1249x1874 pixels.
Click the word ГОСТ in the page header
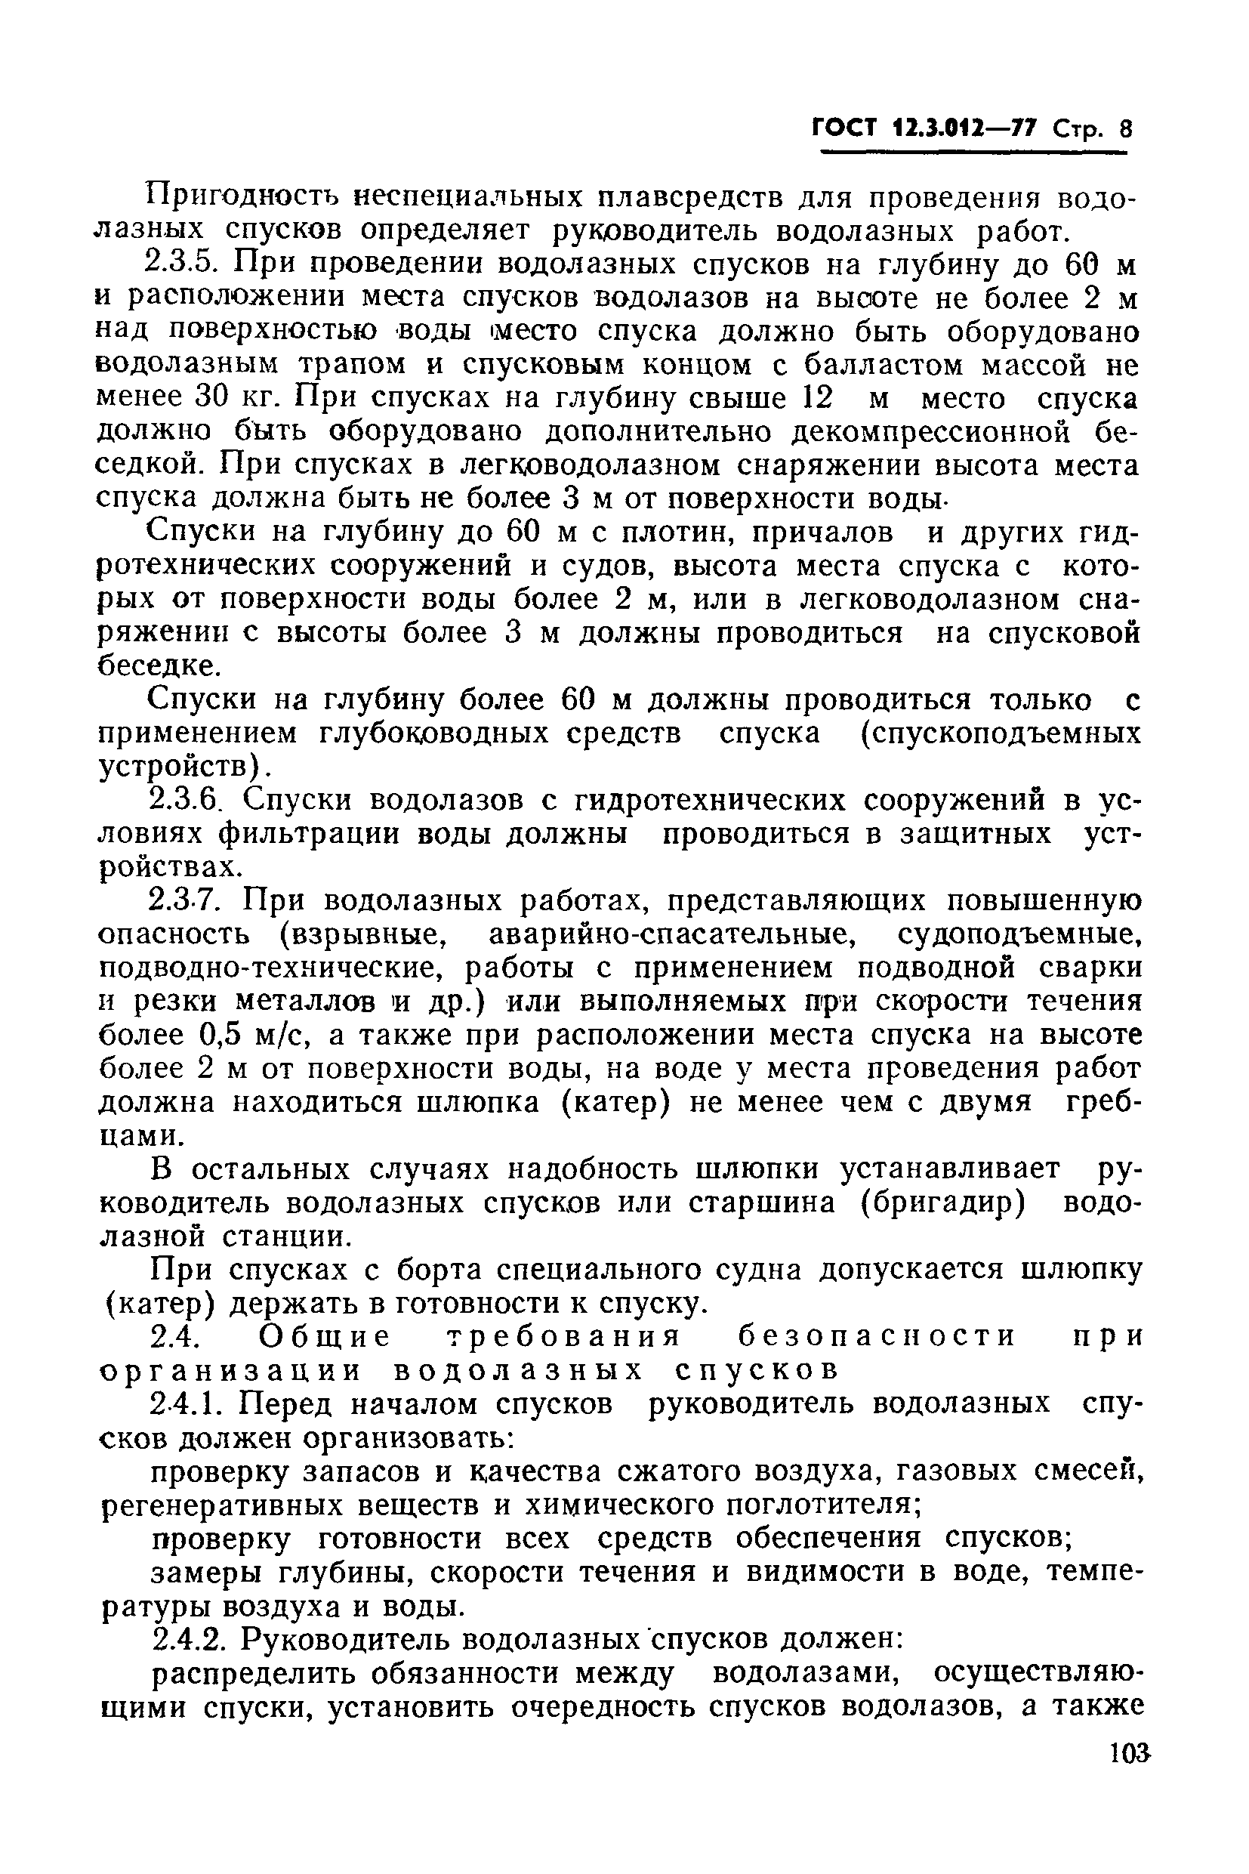(845, 129)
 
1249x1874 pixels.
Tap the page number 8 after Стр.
(1124, 129)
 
